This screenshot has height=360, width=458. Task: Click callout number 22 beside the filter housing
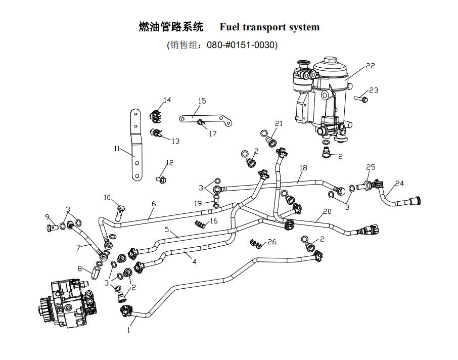click(x=370, y=66)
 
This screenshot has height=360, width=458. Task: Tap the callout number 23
click(x=373, y=90)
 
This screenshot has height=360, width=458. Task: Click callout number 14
click(x=167, y=100)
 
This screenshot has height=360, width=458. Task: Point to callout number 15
click(x=202, y=101)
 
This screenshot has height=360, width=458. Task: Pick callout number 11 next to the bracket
click(x=117, y=149)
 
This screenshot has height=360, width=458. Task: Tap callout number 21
click(x=279, y=123)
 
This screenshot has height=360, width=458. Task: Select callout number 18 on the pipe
click(x=303, y=167)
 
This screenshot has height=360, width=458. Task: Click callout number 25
click(x=371, y=167)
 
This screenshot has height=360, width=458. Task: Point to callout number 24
click(x=399, y=183)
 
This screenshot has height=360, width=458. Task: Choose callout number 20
click(x=327, y=211)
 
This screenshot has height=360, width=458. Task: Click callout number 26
click(x=272, y=242)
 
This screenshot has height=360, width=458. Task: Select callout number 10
click(x=107, y=197)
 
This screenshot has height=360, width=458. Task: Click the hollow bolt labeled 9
click(x=51, y=229)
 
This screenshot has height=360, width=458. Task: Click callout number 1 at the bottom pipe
click(x=129, y=331)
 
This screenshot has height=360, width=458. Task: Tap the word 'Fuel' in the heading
click(x=231, y=27)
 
